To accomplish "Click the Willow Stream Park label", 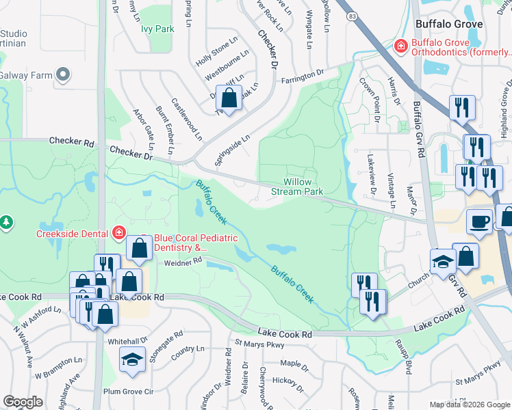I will coord(303,187).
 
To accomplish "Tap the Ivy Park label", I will coord(158,29).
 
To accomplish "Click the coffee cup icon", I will coord(479,221).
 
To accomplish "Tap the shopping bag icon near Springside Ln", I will coord(229,98).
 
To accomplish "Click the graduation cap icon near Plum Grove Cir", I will coord(132,360).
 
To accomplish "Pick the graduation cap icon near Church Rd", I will coord(443,261).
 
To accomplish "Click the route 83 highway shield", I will coord(351,15).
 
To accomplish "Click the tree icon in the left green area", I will coord(6,222).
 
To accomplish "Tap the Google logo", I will coord(23,402).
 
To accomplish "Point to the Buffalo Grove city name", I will coord(449,24).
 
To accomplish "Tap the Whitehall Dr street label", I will coord(128,340).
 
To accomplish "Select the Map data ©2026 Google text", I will coord(470,404).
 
